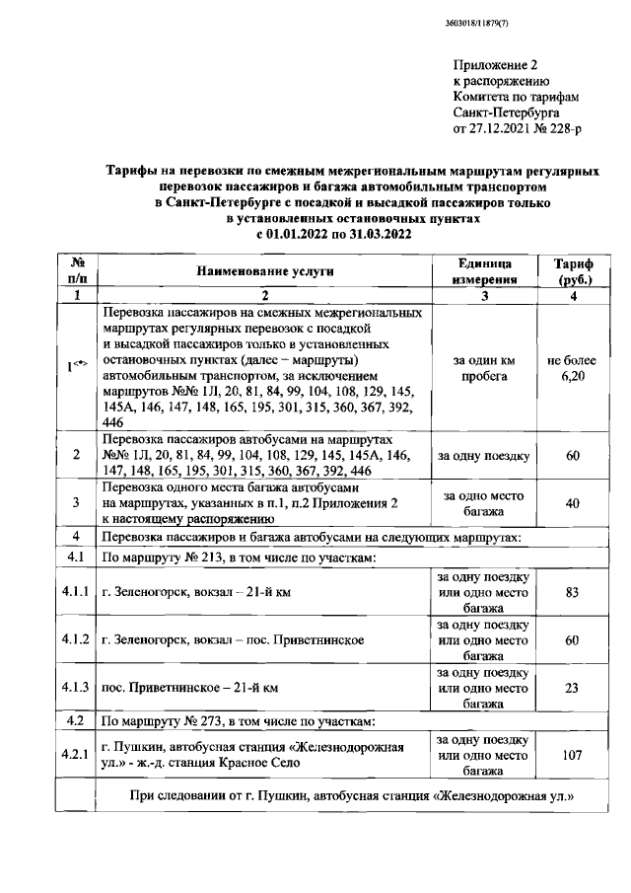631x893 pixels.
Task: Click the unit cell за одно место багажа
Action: click(483, 503)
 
